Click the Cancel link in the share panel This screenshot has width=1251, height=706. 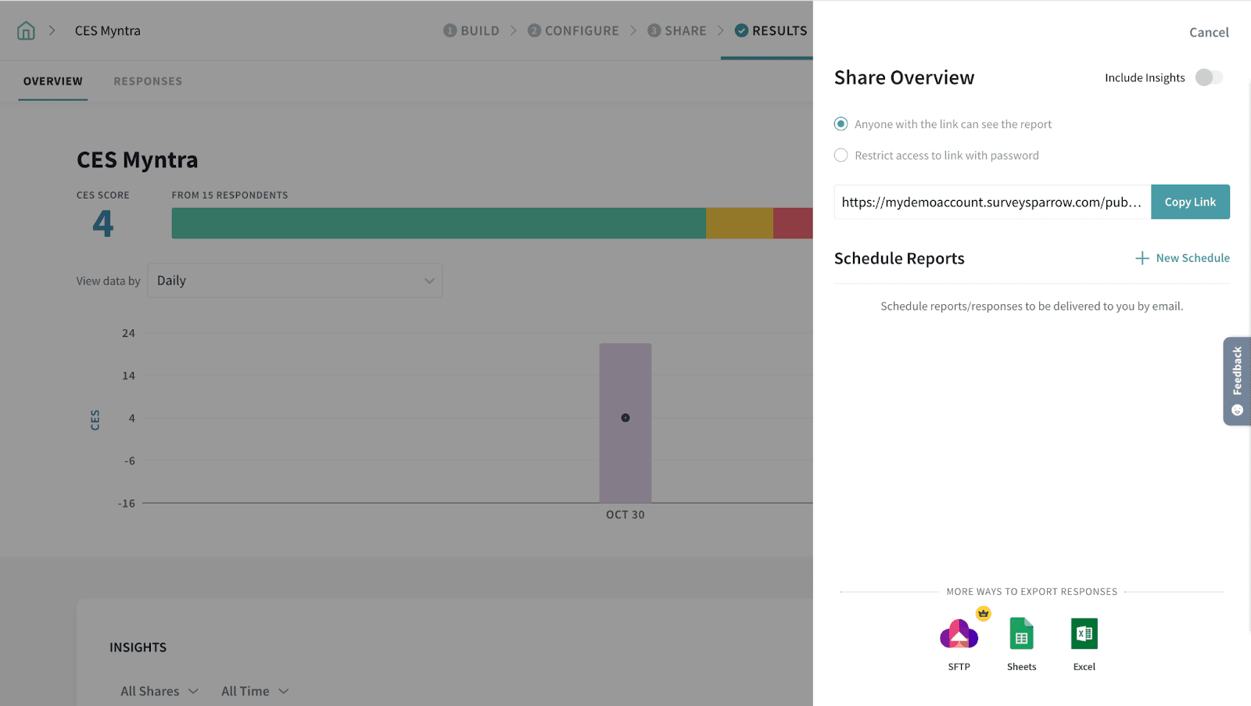pyautogui.click(x=1209, y=32)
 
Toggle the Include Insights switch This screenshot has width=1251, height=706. pyautogui.click(x=1209, y=77)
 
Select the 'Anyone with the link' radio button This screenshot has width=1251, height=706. pyautogui.click(x=841, y=124)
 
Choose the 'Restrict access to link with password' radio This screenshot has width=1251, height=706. pyautogui.click(x=841, y=156)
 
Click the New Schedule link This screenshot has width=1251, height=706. pyautogui.click(x=1183, y=258)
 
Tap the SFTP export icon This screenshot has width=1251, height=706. pyautogui.click(x=959, y=635)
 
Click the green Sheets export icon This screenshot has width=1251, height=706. pyautogui.click(x=1021, y=635)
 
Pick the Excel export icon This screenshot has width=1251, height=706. pyautogui.click(x=1084, y=634)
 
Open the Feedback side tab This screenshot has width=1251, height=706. pyautogui.click(x=1237, y=381)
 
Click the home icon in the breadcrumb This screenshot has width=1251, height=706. pyautogui.click(x=27, y=30)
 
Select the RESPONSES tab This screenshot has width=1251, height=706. pyautogui.click(x=148, y=81)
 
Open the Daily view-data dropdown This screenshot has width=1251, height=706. pyautogui.click(x=295, y=281)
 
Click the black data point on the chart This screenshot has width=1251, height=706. pyautogui.click(x=625, y=418)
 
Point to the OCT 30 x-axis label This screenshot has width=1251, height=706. pyautogui.click(x=625, y=514)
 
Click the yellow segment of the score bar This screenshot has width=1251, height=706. pyautogui.click(x=740, y=224)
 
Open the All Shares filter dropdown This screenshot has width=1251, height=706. pyautogui.click(x=160, y=691)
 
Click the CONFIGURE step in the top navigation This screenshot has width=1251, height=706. pyautogui.click(x=573, y=30)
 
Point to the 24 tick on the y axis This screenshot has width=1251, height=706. pyautogui.click(x=128, y=333)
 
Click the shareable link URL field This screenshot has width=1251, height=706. pyautogui.click(x=991, y=202)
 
